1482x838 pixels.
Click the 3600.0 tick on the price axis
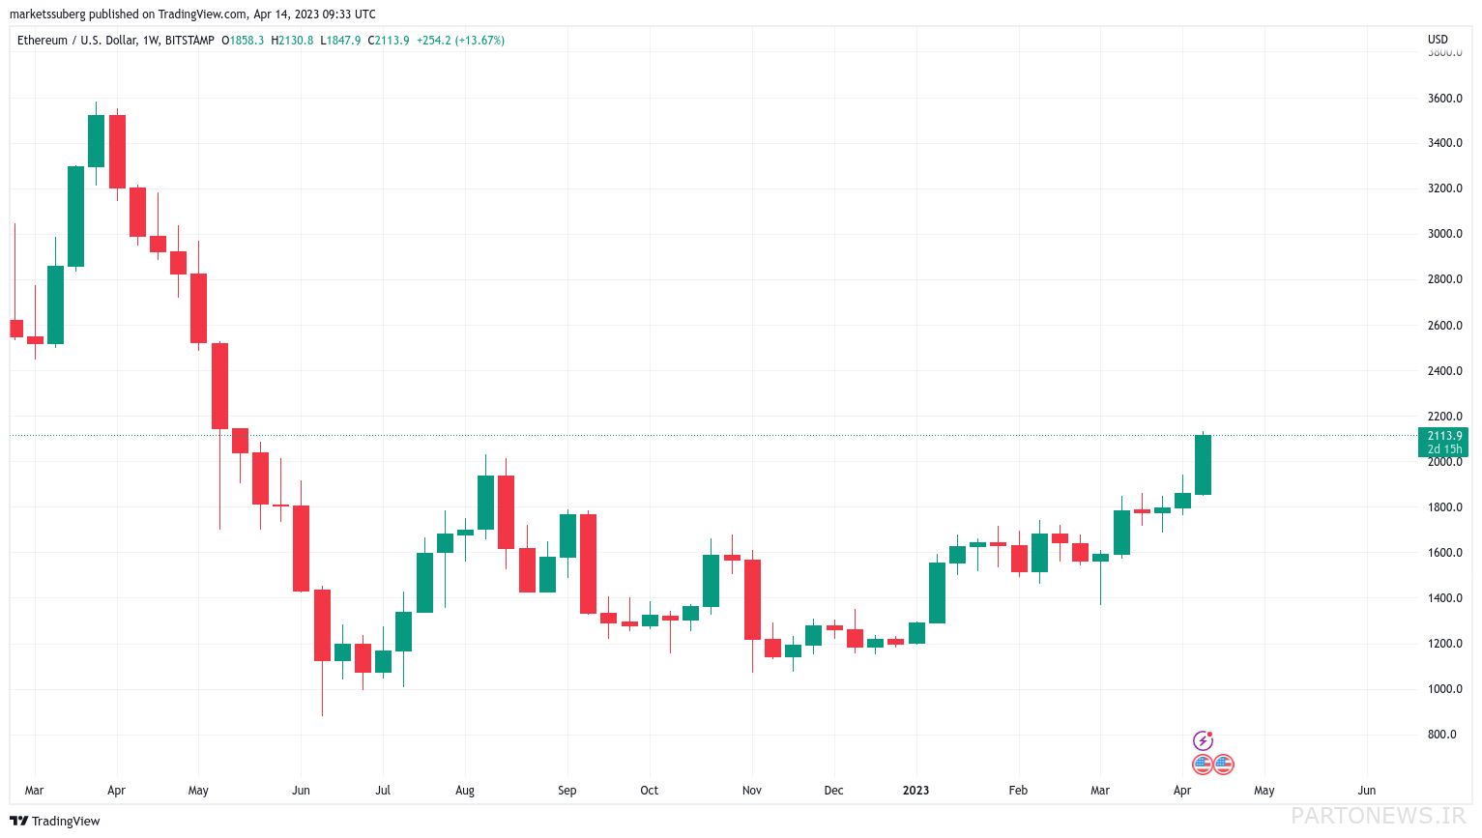(x=1444, y=99)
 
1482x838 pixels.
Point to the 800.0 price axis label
(x=1441, y=735)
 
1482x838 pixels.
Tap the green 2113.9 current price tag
(x=1443, y=442)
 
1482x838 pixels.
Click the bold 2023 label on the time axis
(x=915, y=791)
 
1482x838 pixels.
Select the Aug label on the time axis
(x=464, y=791)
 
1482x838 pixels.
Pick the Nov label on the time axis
(x=751, y=791)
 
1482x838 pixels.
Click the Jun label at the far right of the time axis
(x=1366, y=791)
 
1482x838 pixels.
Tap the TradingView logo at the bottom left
(x=55, y=821)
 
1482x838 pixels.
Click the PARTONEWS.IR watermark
(x=1379, y=816)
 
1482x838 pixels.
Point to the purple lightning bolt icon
(x=1203, y=740)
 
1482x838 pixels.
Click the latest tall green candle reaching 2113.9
(x=1203, y=464)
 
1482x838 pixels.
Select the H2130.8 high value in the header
(x=292, y=41)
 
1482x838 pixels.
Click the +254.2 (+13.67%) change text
(x=460, y=41)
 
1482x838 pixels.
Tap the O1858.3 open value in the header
(x=242, y=41)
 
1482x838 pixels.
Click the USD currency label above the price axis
(x=1438, y=40)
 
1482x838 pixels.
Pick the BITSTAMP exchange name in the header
(x=189, y=41)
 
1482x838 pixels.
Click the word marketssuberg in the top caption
(x=47, y=14)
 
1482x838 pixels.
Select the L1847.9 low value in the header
(x=340, y=41)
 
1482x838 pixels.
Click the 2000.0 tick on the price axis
(x=1444, y=462)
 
